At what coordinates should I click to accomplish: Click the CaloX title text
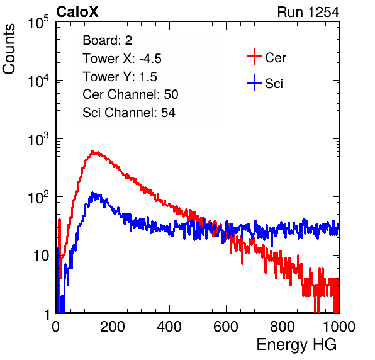[77, 12]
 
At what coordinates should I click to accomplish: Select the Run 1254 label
[308, 12]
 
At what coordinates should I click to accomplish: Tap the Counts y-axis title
[9, 49]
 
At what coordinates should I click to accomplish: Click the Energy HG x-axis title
[296, 345]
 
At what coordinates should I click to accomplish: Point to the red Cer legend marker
[254, 57]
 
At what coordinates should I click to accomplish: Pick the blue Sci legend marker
[254, 83]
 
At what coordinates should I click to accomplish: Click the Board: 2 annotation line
[108, 40]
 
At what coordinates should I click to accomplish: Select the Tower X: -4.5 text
[122, 59]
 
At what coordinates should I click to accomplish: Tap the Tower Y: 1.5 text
[120, 77]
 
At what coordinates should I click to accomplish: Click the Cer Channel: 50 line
[130, 94]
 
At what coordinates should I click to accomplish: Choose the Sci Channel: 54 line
[129, 113]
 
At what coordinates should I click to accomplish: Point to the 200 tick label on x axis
[113, 327]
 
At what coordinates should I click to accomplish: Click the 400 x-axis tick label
[169, 327]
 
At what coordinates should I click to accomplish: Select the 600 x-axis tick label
[226, 327]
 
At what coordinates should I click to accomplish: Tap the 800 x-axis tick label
[283, 327]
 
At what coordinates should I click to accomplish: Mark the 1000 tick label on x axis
[339, 327]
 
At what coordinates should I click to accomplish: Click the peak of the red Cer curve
[92, 151]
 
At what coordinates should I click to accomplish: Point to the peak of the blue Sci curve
[92, 193]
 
